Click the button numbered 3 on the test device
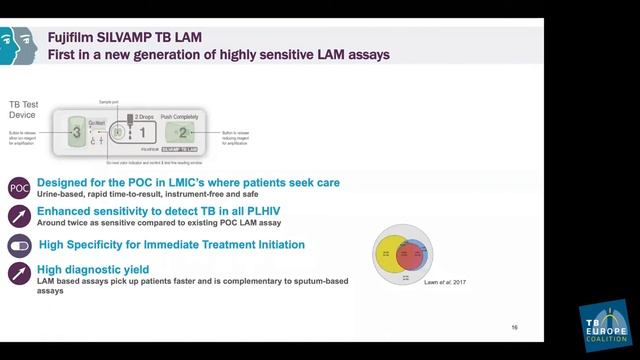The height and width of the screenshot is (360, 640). pyautogui.click(x=76, y=132)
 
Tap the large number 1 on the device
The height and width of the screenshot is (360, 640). pyautogui.click(x=142, y=132)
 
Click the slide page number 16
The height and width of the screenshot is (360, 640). pyautogui.click(x=514, y=327)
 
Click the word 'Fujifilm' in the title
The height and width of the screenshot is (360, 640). pyautogui.click(x=73, y=37)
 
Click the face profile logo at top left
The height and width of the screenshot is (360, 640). pyautogui.click(x=18, y=44)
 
